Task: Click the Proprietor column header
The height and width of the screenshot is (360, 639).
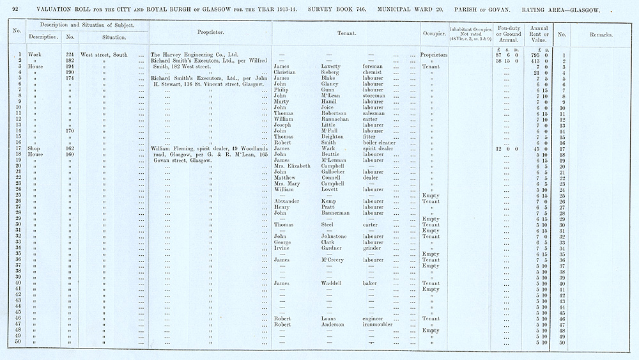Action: coord(210,33)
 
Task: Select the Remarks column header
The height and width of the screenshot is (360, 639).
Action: coord(601,34)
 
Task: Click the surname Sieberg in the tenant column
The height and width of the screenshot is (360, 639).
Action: coord(330,72)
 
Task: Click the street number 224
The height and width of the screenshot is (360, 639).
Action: coord(71,55)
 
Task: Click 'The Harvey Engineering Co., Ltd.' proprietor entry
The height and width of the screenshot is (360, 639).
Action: coord(194,55)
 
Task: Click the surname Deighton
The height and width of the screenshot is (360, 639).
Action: coord(333,136)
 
